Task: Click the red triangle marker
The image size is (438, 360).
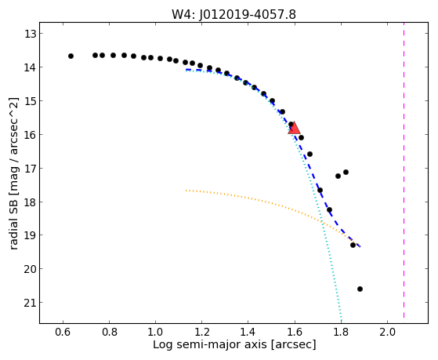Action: click(294, 128)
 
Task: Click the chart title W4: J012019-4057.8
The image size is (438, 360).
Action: click(233, 15)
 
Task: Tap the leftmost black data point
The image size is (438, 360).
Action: click(71, 56)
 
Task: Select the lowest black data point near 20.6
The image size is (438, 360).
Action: click(360, 289)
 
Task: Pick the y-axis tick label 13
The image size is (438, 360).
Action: click(30, 34)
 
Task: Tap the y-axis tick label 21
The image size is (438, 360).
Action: click(30, 303)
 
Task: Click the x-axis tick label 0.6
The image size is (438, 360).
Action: click(63, 333)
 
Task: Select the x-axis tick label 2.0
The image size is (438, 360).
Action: click(387, 333)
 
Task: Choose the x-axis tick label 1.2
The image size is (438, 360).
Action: click(201, 333)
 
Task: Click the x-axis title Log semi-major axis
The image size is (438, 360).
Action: click(210, 344)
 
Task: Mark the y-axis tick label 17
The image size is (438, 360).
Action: click(30, 169)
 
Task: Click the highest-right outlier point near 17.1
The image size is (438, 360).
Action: click(346, 172)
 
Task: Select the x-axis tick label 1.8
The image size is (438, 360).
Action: click(341, 333)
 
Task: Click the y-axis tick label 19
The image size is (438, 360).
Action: click(30, 235)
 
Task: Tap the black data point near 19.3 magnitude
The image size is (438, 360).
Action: click(353, 245)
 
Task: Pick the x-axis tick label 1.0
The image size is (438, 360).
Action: click(155, 333)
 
